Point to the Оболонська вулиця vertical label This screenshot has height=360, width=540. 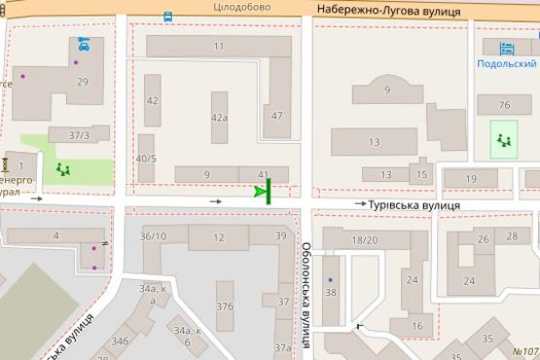tap(305, 295)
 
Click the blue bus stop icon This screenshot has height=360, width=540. tap(168, 17)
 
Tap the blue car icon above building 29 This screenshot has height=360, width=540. tap(83, 45)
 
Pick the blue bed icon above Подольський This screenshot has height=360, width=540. tap(504, 48)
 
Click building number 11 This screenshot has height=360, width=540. tap(219, 47)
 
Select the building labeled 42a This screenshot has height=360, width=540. tap(219, 117)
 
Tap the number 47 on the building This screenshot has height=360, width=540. tap(277, 117)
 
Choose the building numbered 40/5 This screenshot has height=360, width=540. tap(146, 159)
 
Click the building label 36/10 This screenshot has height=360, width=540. tap(153, 236)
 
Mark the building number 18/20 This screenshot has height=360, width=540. tap(365, 239)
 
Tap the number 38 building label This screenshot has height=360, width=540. tap(331, 292)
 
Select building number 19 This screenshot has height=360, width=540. tap(472, 179)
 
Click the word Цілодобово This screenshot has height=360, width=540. tap(242, 7)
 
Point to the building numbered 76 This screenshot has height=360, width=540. tap(503, 105)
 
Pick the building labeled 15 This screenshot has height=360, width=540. tap(420, 175)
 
